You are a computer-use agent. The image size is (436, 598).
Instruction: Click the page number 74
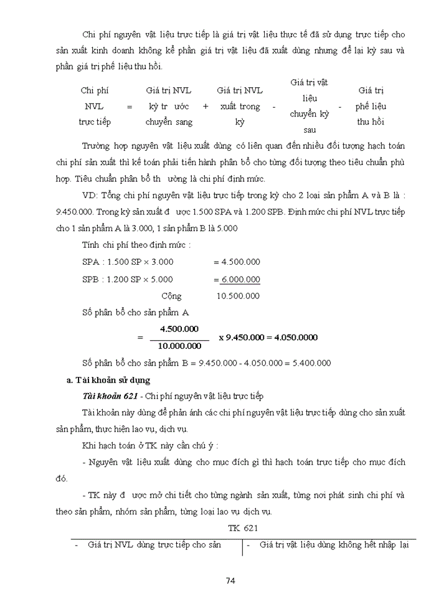230,581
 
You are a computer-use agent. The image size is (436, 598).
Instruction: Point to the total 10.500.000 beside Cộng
238,297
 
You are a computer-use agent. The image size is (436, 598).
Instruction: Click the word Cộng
171,297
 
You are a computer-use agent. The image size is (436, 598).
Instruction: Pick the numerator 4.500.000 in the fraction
179,328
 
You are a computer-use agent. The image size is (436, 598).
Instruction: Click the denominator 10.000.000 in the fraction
179,345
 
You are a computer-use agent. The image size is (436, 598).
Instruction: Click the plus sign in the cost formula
206,107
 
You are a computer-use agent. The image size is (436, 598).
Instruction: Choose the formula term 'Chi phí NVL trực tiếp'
95,106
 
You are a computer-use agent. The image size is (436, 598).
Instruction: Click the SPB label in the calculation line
91,279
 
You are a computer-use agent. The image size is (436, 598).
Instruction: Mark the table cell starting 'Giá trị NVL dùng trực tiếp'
155,545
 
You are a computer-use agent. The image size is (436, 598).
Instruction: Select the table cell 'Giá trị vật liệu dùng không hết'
327,545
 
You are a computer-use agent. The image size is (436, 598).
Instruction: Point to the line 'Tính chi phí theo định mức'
136,245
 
